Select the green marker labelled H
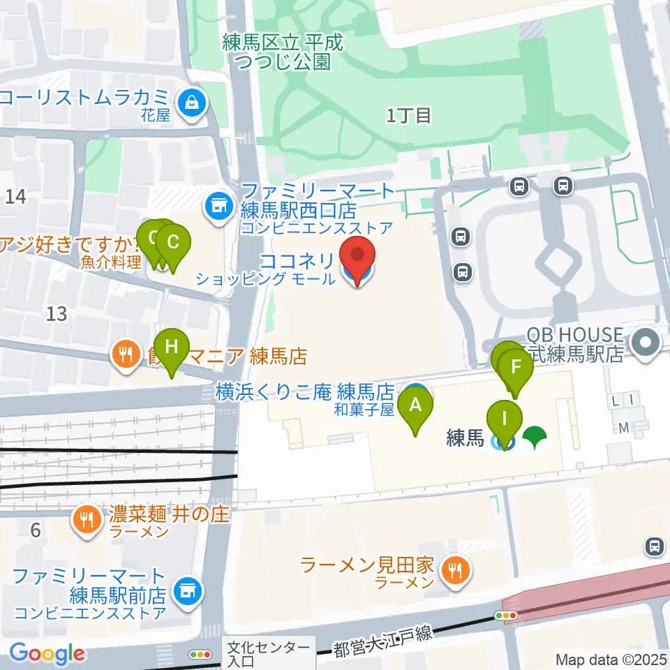coord(171,347)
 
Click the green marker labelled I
coord(505,420)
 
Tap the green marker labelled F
coord(516,368)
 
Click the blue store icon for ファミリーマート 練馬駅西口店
coord(218,205)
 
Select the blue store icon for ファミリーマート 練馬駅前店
coord(187,591)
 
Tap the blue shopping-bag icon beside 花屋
coord(191,104)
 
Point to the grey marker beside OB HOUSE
coord(646,343)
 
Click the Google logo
coord(47,653)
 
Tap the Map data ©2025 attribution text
coord(611,659)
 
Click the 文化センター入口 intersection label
coord(269,654)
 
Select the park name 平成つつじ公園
coord(283,52)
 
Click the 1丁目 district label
coord(409,116)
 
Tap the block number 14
coord(15,197)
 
